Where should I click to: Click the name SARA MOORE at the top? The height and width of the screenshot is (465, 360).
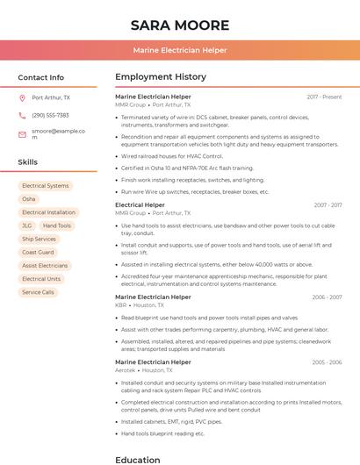click(x=180, y=25)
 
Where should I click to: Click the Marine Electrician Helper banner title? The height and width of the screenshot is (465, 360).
click(x=180, y=51)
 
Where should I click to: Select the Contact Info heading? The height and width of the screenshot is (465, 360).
click(x=40, y=77)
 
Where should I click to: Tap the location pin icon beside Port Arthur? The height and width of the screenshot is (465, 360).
click(x=22, y=97)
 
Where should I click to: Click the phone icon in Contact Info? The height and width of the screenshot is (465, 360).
click(x=22, y=115)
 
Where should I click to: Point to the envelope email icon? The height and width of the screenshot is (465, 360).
click(x=22, y=133)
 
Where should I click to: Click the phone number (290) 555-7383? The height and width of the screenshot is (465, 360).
click(x=50, y=115)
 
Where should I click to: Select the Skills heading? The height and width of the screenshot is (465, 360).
click(x=27, y=162)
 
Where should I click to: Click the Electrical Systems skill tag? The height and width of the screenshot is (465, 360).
click(x=46, y=186)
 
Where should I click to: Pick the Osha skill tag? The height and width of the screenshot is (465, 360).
click(x=29, y=199)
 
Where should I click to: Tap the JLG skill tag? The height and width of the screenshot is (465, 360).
click(x=26, y=225)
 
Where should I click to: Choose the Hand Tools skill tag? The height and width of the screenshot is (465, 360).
click(x=58, y=225)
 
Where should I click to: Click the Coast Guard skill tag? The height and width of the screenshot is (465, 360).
click(x=38, y=252)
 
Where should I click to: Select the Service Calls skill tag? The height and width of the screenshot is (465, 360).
click(x=38, y=292)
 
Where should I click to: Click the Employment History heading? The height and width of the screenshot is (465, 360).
click(x=161, y=77)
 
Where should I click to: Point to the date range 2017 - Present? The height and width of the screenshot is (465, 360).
click(x=324, y=97)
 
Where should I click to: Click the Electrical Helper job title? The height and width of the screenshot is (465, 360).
click(x=140, y=205)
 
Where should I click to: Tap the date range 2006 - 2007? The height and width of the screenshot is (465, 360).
click(x=327, y=297)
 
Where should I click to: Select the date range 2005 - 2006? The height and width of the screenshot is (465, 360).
click(x=327, y=361)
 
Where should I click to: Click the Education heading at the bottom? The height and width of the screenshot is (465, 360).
click(x=138, y=459)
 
